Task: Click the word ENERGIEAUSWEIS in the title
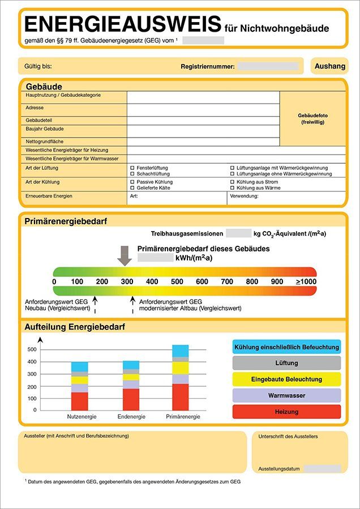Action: [122, 24]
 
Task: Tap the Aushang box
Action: [329, 66]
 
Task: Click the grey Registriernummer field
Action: [268, 66]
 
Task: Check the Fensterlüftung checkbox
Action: [132, 168]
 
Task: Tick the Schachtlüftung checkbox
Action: [132, 174]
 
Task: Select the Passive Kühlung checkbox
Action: [132, 182]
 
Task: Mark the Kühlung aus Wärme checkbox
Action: [232, 188]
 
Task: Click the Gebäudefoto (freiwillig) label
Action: [312, 118]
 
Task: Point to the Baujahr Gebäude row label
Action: [45, 129]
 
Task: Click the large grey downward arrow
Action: [125, 256]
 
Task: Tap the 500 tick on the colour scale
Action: [177, 282]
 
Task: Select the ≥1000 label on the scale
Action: [306, 282]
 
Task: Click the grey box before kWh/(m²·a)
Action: [155, 258]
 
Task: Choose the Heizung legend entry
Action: [286, 412]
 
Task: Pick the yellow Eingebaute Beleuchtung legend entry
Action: [286, 379]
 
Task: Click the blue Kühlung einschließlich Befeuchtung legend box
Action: [286, 347]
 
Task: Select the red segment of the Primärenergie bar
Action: [181, 397]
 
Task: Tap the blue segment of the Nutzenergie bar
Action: [80, 366]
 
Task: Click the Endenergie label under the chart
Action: [131, 417]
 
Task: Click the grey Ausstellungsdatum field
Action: [322, 469]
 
